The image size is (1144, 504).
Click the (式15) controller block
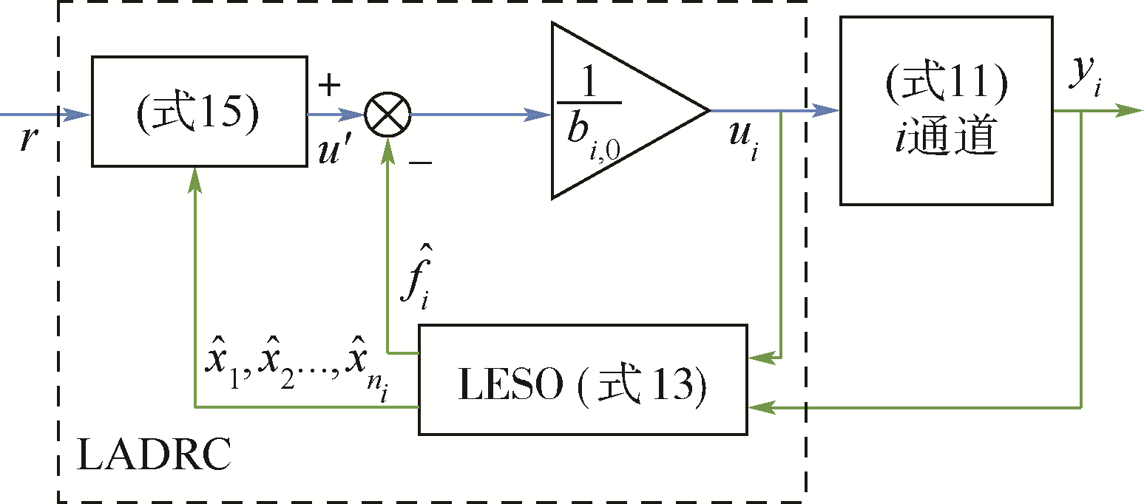click(x=199, y=111)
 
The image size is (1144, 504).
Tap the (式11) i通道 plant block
click(x=946, y=111)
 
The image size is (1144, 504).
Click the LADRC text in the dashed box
click(x=154, y=457)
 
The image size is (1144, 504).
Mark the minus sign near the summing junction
click(x=420, y=162)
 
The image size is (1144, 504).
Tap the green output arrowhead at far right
click(x=1130, y=111)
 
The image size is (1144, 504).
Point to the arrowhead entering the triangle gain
click(x=541, y=115)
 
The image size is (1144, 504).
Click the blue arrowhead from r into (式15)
click(x=79, y=115)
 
